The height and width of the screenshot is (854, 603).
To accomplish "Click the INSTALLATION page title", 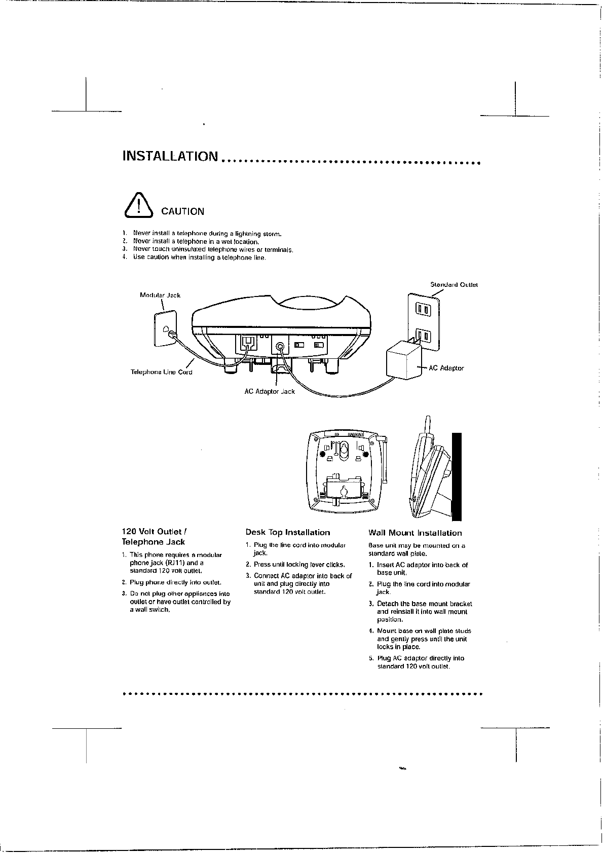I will (170, 156).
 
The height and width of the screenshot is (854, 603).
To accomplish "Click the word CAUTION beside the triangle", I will (182, 212).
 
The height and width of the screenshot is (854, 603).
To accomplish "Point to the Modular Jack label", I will (160, 295).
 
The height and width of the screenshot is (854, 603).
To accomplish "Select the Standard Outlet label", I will (454, 285).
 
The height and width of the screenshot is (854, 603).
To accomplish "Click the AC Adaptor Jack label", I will (269, 391).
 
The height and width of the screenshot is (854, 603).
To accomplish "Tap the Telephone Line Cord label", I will (161, 372).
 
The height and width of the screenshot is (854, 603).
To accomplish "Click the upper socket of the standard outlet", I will (423, 309).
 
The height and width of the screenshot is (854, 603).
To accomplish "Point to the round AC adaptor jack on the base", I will (280, 347).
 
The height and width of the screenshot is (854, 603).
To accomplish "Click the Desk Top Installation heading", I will (287, 533).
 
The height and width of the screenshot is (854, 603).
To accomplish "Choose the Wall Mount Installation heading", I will (415, 533).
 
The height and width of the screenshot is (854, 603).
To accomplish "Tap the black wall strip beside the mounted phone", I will (457, 476).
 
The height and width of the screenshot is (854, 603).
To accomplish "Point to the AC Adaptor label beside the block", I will (446, 368).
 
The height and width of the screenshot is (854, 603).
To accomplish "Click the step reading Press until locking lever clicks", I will (299, 565).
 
